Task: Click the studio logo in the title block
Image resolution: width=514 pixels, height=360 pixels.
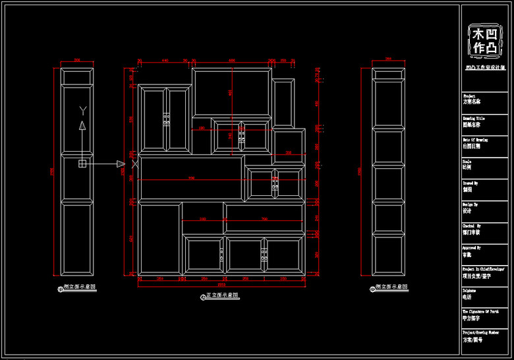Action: click(486, 40)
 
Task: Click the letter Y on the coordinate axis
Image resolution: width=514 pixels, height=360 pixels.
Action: click(82, 109)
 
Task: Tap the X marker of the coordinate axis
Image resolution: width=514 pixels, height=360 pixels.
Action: click(134, 163)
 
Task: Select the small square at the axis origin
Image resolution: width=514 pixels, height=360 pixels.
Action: click(82, 163)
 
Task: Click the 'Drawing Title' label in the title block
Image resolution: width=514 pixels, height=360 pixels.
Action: click(474, 119)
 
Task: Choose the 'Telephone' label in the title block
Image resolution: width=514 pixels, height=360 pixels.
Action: click(469, 291)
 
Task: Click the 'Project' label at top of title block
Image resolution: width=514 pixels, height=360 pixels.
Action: click(469, 96)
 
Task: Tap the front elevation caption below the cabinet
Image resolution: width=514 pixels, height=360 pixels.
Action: click(220, 296)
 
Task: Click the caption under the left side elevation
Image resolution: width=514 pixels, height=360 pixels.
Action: click(77, 287)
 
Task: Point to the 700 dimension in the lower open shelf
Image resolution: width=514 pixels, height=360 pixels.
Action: click(264, 219)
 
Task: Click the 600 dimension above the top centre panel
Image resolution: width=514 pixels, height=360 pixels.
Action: click(232, 61)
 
